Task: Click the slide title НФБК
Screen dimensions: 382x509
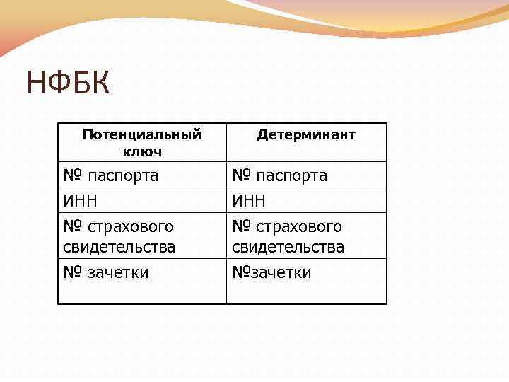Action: [x=69, y=84]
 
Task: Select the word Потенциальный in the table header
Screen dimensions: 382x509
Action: [x=142, y=134]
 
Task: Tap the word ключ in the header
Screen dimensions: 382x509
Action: [x=142, y=151]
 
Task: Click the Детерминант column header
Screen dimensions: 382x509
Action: [x=306, y=134]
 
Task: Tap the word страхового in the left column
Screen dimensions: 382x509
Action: [x=131, y=226]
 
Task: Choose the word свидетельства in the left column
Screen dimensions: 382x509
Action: [x=119, y=247]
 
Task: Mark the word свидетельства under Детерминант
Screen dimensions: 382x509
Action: [x=288, y=247]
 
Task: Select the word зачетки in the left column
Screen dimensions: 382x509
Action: [x=117, y=272]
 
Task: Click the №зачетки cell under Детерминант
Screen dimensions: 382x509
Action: [x=271, y=272]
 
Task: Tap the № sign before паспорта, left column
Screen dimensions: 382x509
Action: [x=72, y=175]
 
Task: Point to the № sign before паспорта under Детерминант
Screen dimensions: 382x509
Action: [x=241, y=175]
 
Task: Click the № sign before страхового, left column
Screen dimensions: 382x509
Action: [x=72, y=226]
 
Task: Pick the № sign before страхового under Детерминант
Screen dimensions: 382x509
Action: [x=241, y=226]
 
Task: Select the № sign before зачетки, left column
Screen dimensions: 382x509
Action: [x=72, y=272]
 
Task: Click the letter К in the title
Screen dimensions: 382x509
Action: [x=100, y=84]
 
